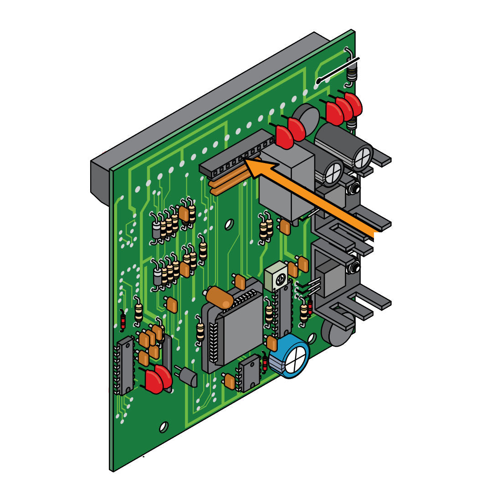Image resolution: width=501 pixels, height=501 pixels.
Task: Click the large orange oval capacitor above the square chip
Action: pyautogui.click(x=220, y=297)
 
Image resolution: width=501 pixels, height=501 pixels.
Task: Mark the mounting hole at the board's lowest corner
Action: pyautogui.click(x=163, y=427)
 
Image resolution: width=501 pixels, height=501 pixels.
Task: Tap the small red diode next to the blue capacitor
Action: pyautogui.click(x=265, y=363)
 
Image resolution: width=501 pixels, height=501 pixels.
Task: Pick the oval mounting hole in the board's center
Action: pyautogui.click(x=229, y=224)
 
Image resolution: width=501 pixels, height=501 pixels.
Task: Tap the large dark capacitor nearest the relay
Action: pyautogui.click(x=331, y=172)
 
